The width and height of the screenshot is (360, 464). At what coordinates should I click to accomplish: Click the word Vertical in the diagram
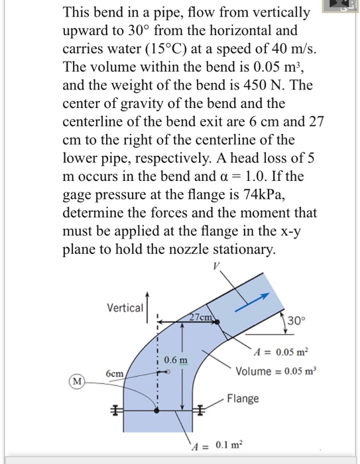pyautogui.click(x=125, y=308)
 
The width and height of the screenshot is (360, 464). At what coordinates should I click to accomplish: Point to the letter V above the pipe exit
pyautogui.click(x=215, y=267)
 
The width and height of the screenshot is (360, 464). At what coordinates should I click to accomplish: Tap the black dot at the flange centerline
pyautogui.click(x=157, y=411)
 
